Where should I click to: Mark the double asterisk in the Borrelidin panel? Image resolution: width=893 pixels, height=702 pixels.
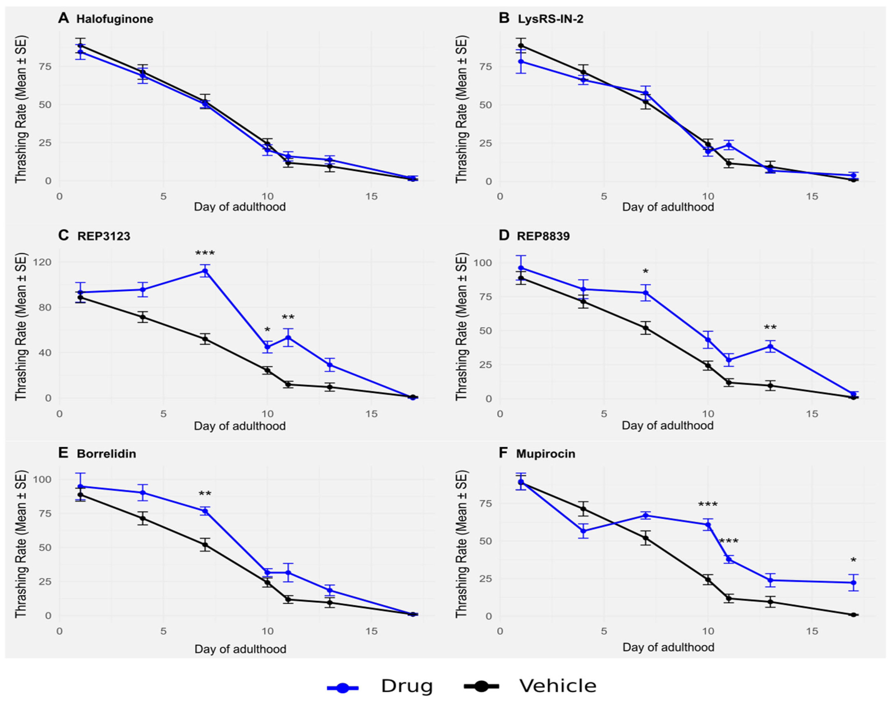click(205, 495)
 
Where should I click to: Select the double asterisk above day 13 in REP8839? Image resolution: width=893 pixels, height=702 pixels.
click(770, 328)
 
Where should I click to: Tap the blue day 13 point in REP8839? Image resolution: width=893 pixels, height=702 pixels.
click(770, 346)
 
